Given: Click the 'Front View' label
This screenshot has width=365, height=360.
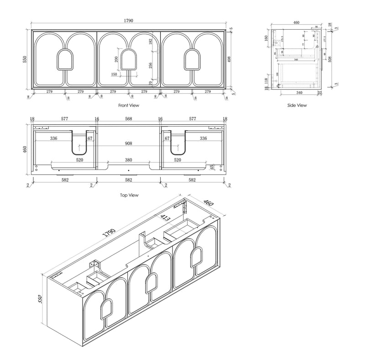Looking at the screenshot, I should point(129,105).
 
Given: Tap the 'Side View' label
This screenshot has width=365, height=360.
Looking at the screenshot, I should point(297,105).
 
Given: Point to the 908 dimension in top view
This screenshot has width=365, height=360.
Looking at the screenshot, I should point(129,143).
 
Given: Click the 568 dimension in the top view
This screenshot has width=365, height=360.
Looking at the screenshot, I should point(129,118).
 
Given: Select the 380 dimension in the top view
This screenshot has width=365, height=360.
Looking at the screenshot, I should point(129,160).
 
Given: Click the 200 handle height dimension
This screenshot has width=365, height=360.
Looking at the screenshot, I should point(116,59).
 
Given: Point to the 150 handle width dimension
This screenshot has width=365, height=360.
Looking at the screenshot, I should point(114,74).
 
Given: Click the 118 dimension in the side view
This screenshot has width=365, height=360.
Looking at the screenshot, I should point(266,80).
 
